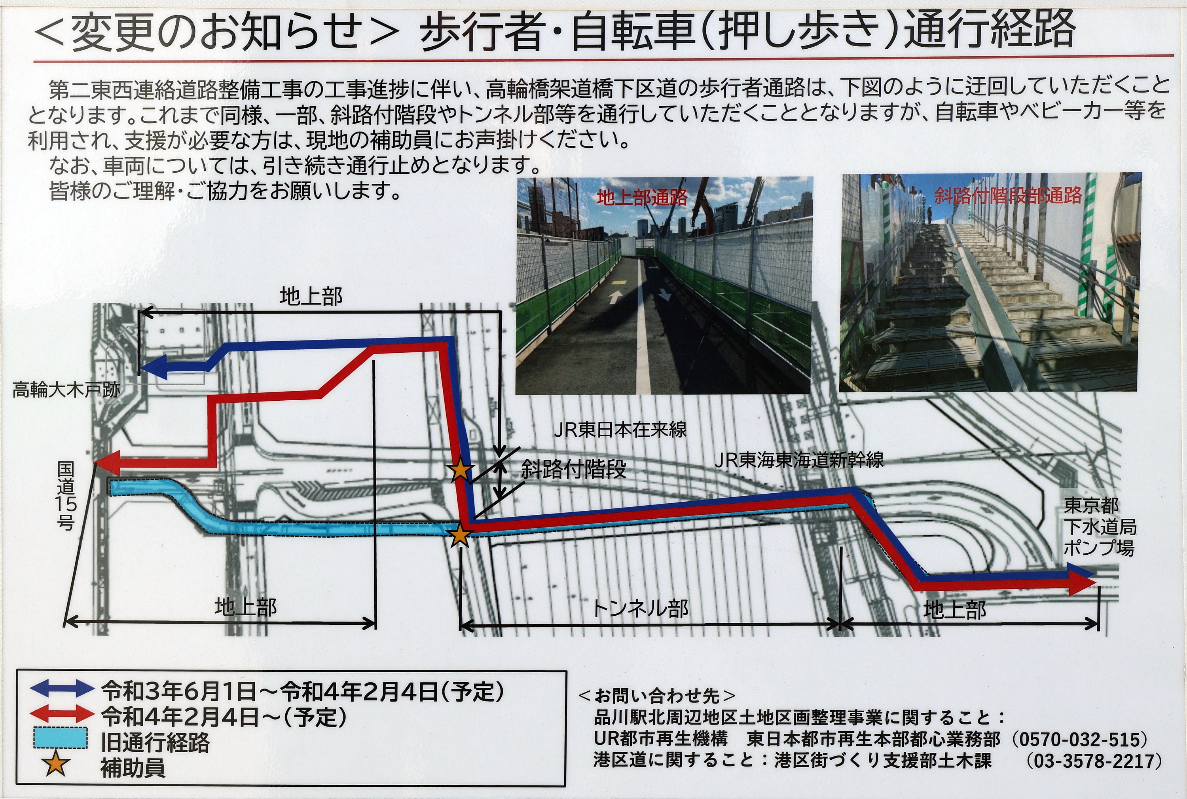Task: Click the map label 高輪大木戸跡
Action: pyautogui.click(x=66, y=391)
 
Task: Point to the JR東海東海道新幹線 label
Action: pyautogui.click(x=798, y=460)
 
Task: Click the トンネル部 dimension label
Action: pyautogui.click(x=641, y=608)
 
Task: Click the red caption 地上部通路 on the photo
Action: pyautogui.click(x=642, y=197)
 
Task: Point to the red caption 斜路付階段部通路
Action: pyautogui.click(x=1008, y=195)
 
